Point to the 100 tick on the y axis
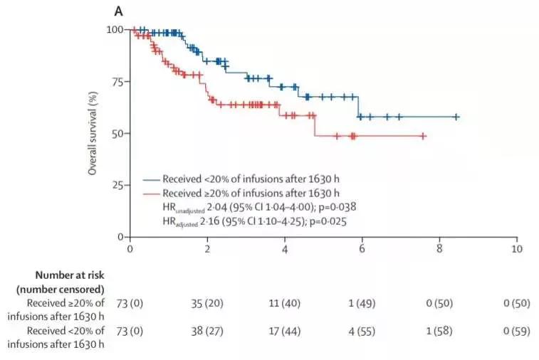tap(114, 29)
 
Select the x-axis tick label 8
tap(439, 249)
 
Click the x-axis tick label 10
tap(516, 249)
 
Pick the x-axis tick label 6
tap(362, 249)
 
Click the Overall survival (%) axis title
tap(93, 133)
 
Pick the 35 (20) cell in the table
tap(207, 304)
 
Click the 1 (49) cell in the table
tap(362, 304)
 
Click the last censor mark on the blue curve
tap(456, 117)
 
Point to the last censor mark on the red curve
tap(423, 135)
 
